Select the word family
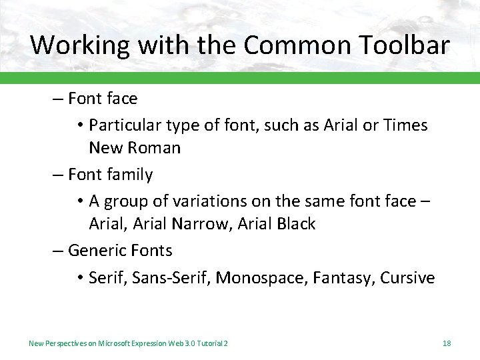129,175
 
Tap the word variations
196,201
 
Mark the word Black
293,223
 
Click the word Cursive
407,277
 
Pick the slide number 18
447,343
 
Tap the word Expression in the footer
151,343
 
